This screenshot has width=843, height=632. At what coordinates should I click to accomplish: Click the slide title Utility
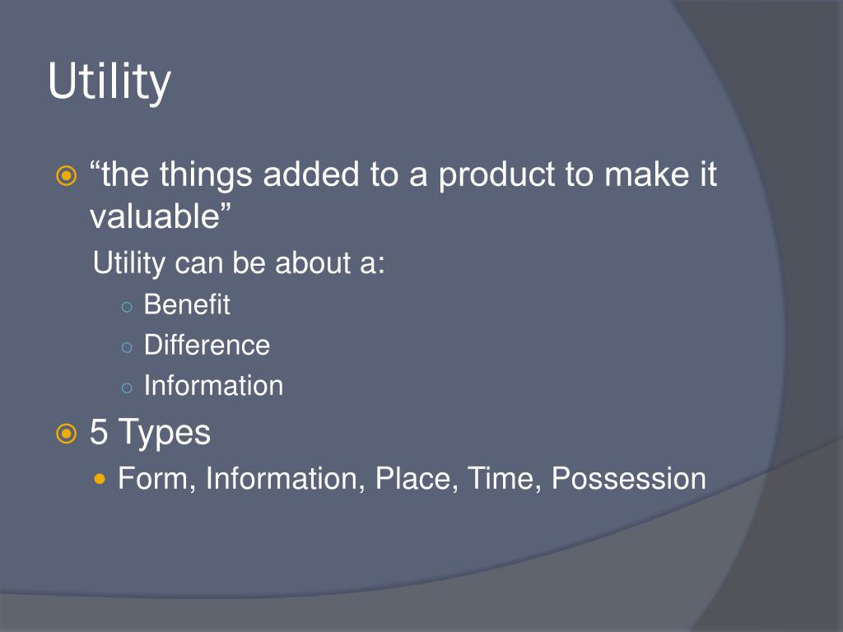click(x=109, y=82)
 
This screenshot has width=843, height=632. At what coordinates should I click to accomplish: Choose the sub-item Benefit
click(x=187, y=304)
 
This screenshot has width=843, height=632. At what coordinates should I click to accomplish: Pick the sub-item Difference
click(x=207, y=345)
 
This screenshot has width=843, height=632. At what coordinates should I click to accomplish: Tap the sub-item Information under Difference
click(x=213, y=385)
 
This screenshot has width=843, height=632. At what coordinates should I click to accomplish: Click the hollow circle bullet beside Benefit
click(x=126, y=306)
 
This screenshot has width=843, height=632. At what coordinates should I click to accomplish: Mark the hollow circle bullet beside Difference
click(x=126, y=346)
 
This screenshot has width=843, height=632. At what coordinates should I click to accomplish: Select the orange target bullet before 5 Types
click(x=66, y=434)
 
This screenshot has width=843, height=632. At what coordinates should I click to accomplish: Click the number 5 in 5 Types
click(x=99, y=433)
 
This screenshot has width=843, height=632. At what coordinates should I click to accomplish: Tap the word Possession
click(x=628, y=478)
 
